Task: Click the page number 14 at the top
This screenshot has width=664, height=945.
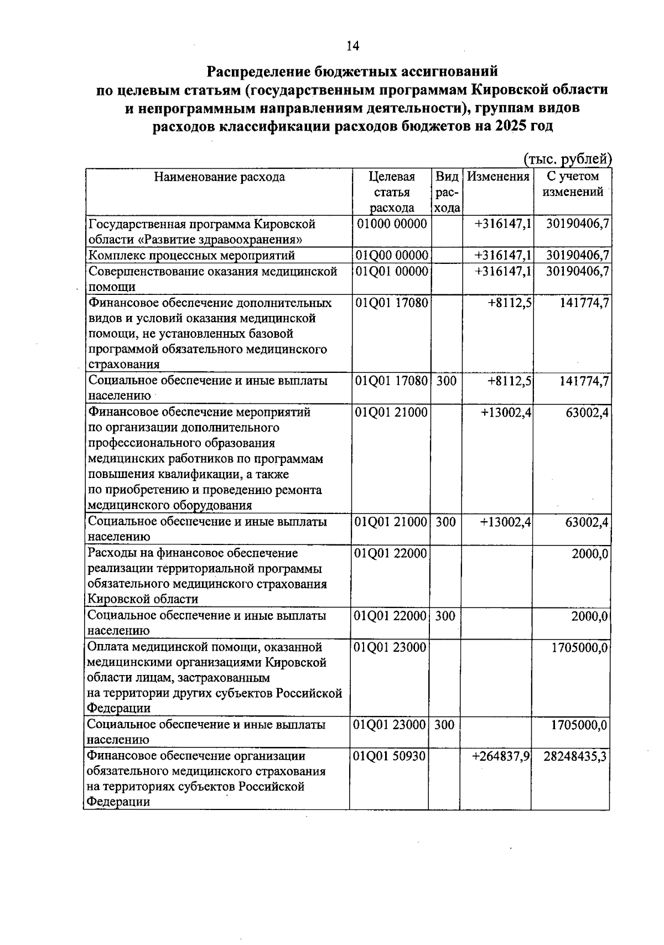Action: (352, 46)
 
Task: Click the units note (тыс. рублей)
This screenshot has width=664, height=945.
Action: (567, 159)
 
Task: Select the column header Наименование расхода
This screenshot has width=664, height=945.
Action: (219, 177)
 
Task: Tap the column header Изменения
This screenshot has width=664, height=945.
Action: (498, 177)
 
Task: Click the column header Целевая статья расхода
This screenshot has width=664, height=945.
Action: (392, 192)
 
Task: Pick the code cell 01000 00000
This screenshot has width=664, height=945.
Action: (392, 224)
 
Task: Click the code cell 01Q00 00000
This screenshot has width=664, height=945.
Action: (392, 255)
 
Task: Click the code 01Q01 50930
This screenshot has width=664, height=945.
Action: (390, 756)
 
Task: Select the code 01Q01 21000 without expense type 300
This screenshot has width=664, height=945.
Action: (391, 412)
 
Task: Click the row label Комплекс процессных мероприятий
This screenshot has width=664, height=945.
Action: (191, 255)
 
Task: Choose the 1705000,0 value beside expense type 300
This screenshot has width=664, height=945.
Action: (579, 725)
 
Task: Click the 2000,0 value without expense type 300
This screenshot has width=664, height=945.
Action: (590, 553)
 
